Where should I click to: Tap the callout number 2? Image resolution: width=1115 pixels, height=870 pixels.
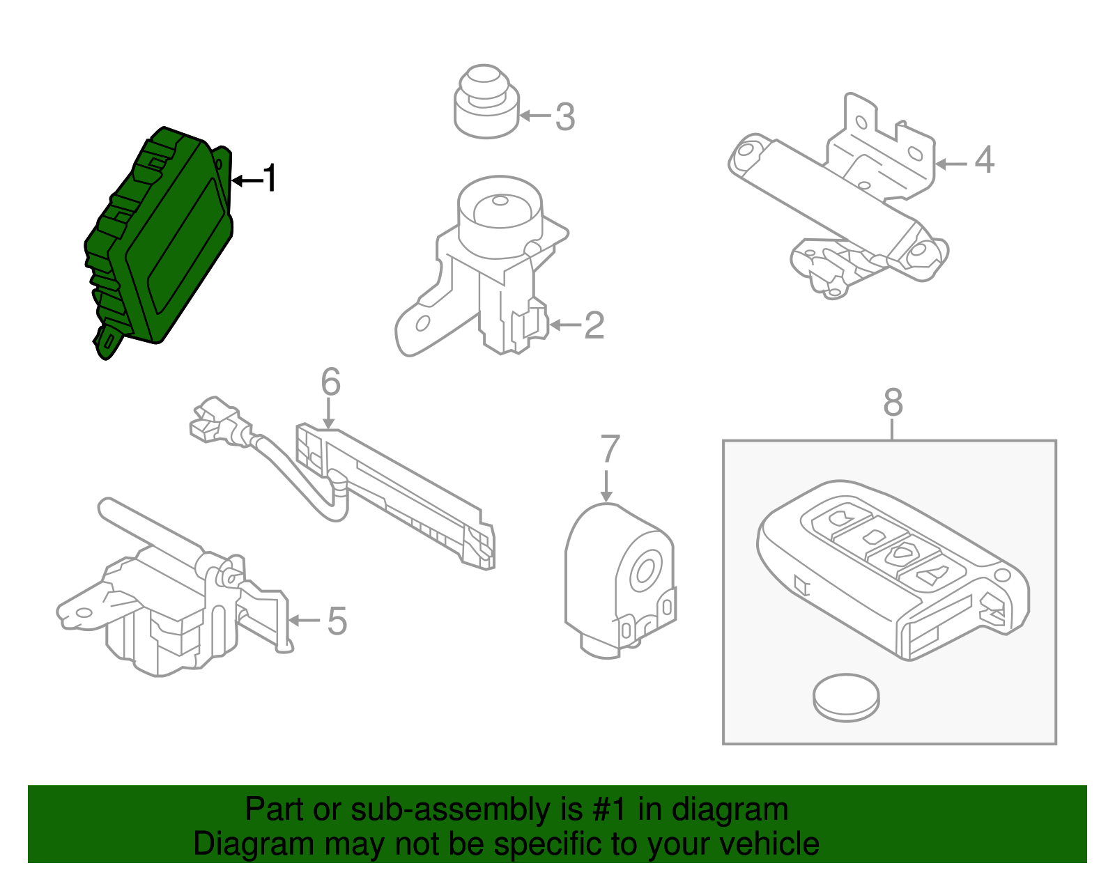coord(594,325)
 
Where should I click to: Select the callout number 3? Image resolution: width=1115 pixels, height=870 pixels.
coord(565,116)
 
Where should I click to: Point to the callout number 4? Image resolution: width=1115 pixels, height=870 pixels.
coord(984,160)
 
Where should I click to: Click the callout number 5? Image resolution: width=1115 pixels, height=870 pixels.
coord(337,621)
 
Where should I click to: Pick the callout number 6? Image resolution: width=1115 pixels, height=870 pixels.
coord(330,382)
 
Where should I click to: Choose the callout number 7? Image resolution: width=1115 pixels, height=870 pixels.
coord(609,449)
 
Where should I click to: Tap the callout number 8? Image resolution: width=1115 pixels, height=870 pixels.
coord(893,403)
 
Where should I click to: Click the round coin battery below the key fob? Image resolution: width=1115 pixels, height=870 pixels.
coord(846,696)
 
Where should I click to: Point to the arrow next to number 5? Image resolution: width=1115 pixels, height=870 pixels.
coord(303,621)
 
